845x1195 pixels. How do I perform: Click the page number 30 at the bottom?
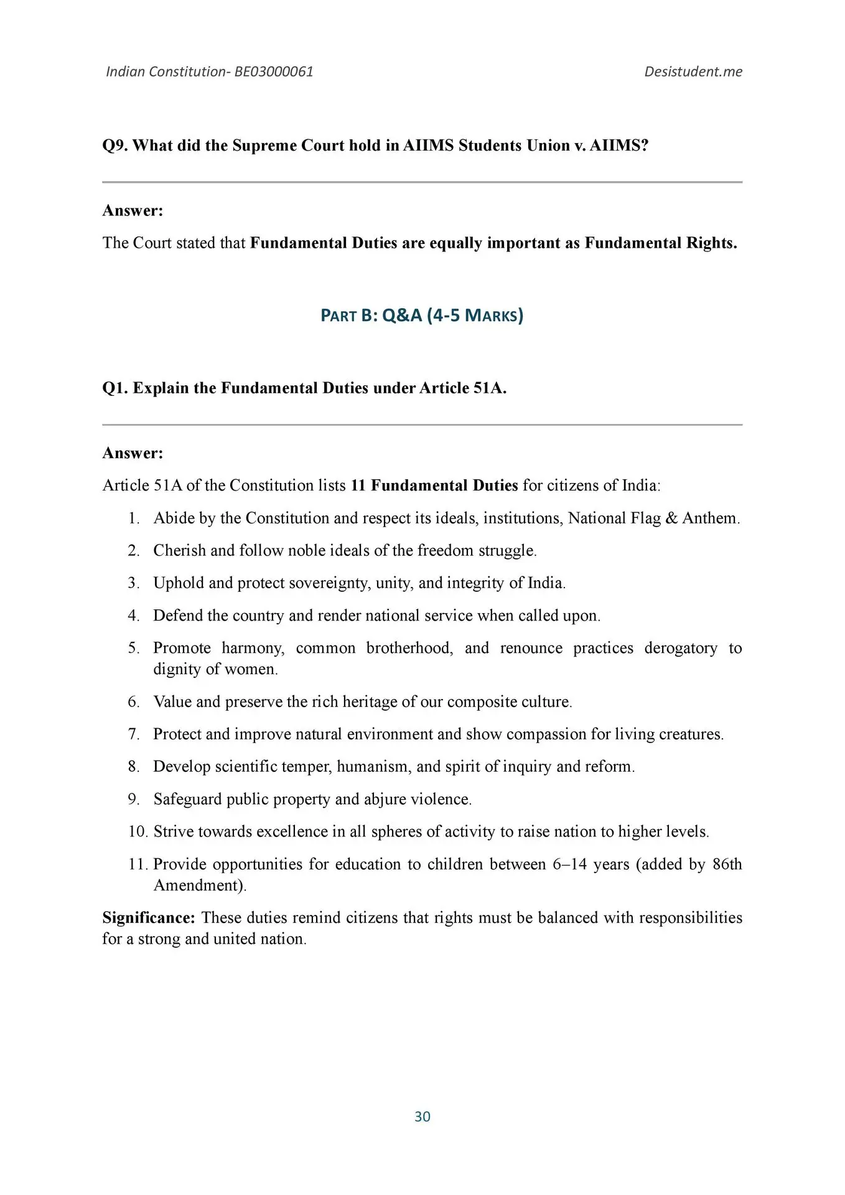click(x=422, y=1117)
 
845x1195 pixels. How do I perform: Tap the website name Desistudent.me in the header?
click(x=693, y=72)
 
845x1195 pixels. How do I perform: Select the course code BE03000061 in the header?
click(x=274, y=72)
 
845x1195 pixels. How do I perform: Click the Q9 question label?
click(x=115, y=146)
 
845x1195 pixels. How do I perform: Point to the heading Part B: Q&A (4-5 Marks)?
click(x=422, y=316)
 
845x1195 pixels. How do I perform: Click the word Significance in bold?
click(x=149, y=918)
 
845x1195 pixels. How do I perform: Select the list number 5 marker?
click(x=134, y=648)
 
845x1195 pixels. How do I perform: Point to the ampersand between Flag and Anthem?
click(x=671, y=518)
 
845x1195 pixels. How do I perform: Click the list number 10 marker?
click(x=138, y=832)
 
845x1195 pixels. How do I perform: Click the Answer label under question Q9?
click(x=133, y=211)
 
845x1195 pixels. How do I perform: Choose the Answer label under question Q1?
click(x=133, y=453)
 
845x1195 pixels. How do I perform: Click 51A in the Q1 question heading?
click(x=490, y=388)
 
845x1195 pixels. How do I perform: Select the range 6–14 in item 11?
click(x=569, y=865)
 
